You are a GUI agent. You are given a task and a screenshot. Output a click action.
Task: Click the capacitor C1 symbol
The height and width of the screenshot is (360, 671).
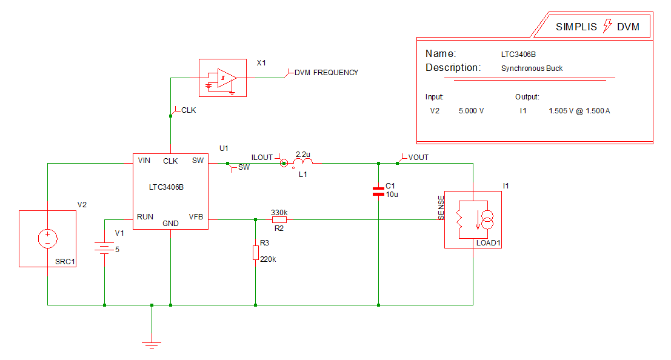378,192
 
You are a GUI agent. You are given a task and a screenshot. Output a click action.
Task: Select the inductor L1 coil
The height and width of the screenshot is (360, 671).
302,162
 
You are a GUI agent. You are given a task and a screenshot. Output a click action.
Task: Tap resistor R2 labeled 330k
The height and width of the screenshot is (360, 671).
279,220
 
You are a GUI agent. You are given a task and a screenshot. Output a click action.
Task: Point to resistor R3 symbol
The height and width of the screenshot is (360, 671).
256,253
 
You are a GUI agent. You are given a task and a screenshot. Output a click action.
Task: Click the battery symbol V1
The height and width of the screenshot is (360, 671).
105,248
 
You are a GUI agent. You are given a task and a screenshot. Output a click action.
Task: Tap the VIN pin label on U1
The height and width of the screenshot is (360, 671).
144,161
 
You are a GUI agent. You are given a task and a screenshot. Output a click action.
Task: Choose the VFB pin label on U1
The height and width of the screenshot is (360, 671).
196,216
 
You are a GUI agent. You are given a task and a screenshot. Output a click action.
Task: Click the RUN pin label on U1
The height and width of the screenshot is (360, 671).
145,216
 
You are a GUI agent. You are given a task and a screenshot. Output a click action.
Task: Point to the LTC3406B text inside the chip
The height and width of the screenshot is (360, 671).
166,187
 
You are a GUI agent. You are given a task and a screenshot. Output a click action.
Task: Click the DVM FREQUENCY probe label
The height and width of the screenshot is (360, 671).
326,73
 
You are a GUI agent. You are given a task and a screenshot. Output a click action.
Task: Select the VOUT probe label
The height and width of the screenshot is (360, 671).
418,158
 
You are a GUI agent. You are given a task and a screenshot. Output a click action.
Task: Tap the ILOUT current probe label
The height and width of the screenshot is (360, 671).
262,158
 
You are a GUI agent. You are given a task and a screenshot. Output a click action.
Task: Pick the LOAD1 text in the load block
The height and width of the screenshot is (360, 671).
489,243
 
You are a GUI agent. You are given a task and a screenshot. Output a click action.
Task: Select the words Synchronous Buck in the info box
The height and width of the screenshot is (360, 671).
532,68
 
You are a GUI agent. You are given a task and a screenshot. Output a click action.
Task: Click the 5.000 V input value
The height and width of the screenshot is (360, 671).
472,112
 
